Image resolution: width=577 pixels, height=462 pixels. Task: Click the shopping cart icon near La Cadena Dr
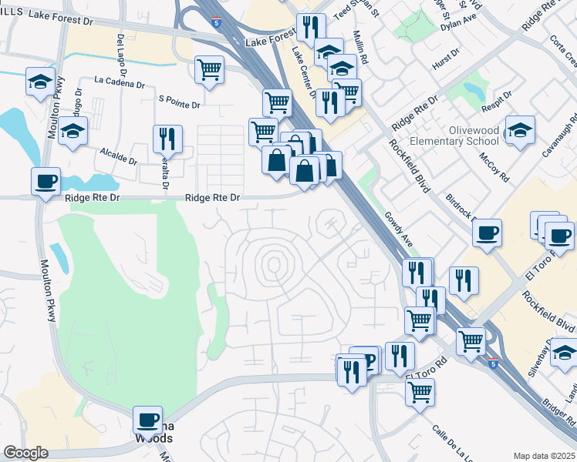tap(209, 70)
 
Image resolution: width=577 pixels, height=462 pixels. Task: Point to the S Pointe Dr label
tap(179, 99)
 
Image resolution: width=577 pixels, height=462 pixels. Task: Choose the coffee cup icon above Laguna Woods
tap(148, 420)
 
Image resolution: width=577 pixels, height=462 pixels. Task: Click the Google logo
tap(26, 453)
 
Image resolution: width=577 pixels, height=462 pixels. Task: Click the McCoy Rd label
tap(494, 166)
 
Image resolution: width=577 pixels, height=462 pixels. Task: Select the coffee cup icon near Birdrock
tap(487, 233)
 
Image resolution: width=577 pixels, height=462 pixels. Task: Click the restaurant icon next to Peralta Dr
tap(167, 139)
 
